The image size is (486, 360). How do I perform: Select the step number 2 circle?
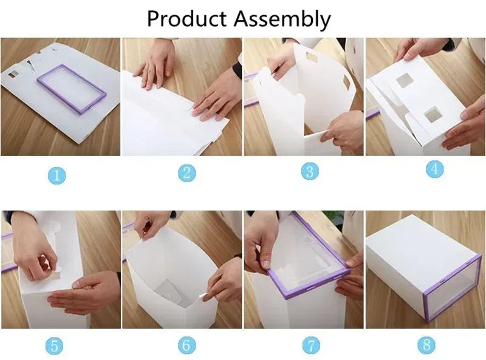(x=187, y=172)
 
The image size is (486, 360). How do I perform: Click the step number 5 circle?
(x=55, y=347)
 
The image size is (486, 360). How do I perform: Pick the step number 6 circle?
(x=187, y=345)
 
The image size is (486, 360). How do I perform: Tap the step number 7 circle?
(x=311, y=345)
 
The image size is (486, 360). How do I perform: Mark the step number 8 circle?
(x=426, y=345)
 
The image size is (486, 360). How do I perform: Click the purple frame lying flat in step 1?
(x=72, y=89)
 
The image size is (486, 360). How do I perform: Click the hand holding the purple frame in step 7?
(x=261, y=240)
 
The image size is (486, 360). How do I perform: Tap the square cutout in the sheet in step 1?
(x=12, y=75)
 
